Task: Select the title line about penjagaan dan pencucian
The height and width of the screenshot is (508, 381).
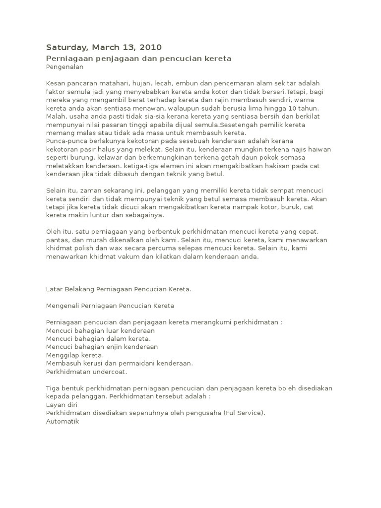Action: click(x=138, y=59)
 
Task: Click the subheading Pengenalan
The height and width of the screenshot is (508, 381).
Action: click(x=65, y=66)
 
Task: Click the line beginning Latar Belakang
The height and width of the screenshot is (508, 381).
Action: click(x=119, y=289)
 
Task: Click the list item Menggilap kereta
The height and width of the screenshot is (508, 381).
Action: click(x=75, y=355)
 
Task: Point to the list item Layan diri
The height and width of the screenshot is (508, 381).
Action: click(x=62, y=405)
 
